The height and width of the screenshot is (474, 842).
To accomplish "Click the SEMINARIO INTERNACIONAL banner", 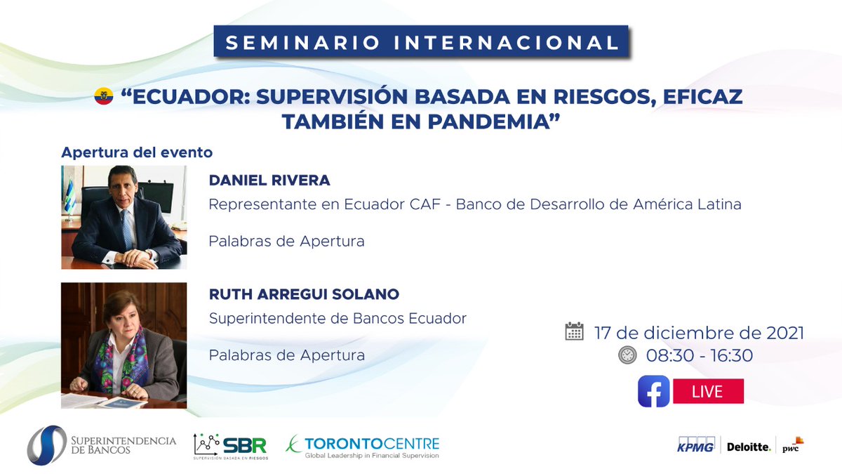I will click(421, 42).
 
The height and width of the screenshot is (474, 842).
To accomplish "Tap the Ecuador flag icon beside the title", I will click(104, 97).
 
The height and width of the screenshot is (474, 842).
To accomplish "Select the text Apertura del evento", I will click(137, 152).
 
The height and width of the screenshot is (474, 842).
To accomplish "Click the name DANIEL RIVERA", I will click(269, 180).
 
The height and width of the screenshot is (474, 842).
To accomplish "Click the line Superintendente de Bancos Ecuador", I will click(338, 318).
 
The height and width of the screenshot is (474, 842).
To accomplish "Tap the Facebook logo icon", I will click(653, 391).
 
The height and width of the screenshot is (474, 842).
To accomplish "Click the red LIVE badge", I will click(707, 391).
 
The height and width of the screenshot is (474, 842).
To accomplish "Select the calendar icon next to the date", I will click(574, 331).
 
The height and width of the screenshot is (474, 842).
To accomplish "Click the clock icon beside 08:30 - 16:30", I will click(627, 355).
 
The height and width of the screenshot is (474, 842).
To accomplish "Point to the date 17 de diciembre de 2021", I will click(699, 332).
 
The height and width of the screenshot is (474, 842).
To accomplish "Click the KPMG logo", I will click(695, 445).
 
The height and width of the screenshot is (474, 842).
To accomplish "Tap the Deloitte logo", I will click(748, 447).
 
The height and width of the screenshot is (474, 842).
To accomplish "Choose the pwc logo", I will click(792, 445).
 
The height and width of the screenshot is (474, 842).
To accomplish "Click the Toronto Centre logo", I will click(362, 446).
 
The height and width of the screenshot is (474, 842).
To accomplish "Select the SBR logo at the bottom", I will click(230, 446).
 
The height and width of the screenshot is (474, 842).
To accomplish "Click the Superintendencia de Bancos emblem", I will click(46, 445).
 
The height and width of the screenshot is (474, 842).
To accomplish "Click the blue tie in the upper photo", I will click(126, 228).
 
